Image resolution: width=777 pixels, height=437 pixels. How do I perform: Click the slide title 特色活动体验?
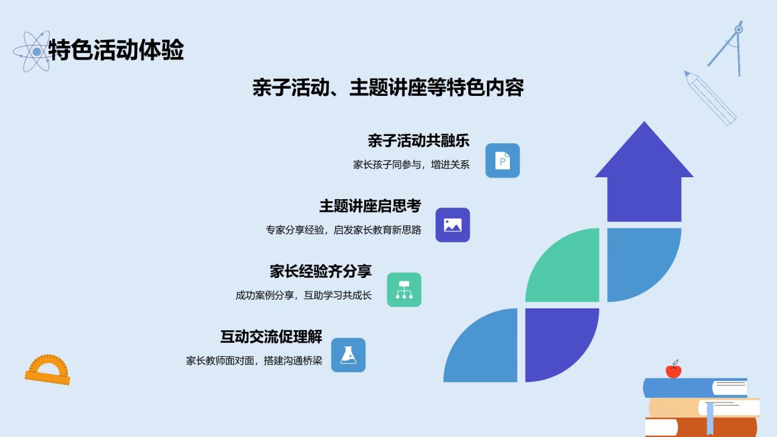[116, 50]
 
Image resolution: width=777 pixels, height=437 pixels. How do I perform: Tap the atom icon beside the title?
[33, 52]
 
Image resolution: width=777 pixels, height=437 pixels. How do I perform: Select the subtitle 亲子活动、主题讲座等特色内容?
[388, 87]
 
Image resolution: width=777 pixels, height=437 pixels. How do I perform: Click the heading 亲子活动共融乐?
[419, 141]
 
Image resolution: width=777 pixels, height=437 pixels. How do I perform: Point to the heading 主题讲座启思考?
[370, 206]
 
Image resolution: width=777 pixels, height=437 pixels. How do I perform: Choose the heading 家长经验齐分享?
[321, 271]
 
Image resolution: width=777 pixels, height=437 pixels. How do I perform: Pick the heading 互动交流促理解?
[271, 336]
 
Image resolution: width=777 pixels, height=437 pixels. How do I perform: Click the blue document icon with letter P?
[503, 161]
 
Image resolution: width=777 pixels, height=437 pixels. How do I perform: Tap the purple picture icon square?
[453, 225]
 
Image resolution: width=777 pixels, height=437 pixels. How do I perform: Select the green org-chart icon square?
[404, 290]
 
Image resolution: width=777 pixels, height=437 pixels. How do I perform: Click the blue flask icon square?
[348, 355]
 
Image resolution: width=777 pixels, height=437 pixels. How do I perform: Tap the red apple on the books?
[673, 370]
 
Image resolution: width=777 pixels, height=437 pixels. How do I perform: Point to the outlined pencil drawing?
[710, 98]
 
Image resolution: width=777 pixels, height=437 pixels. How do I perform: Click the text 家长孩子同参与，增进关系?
[412, 164]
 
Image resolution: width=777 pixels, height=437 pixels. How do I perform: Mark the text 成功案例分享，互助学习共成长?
[304, 296]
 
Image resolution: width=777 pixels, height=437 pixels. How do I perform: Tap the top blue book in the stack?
[695, 388]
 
